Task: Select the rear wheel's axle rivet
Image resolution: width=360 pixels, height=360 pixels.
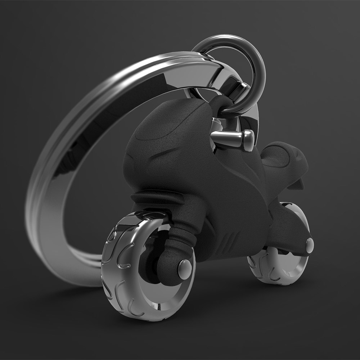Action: tap(309, 245)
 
